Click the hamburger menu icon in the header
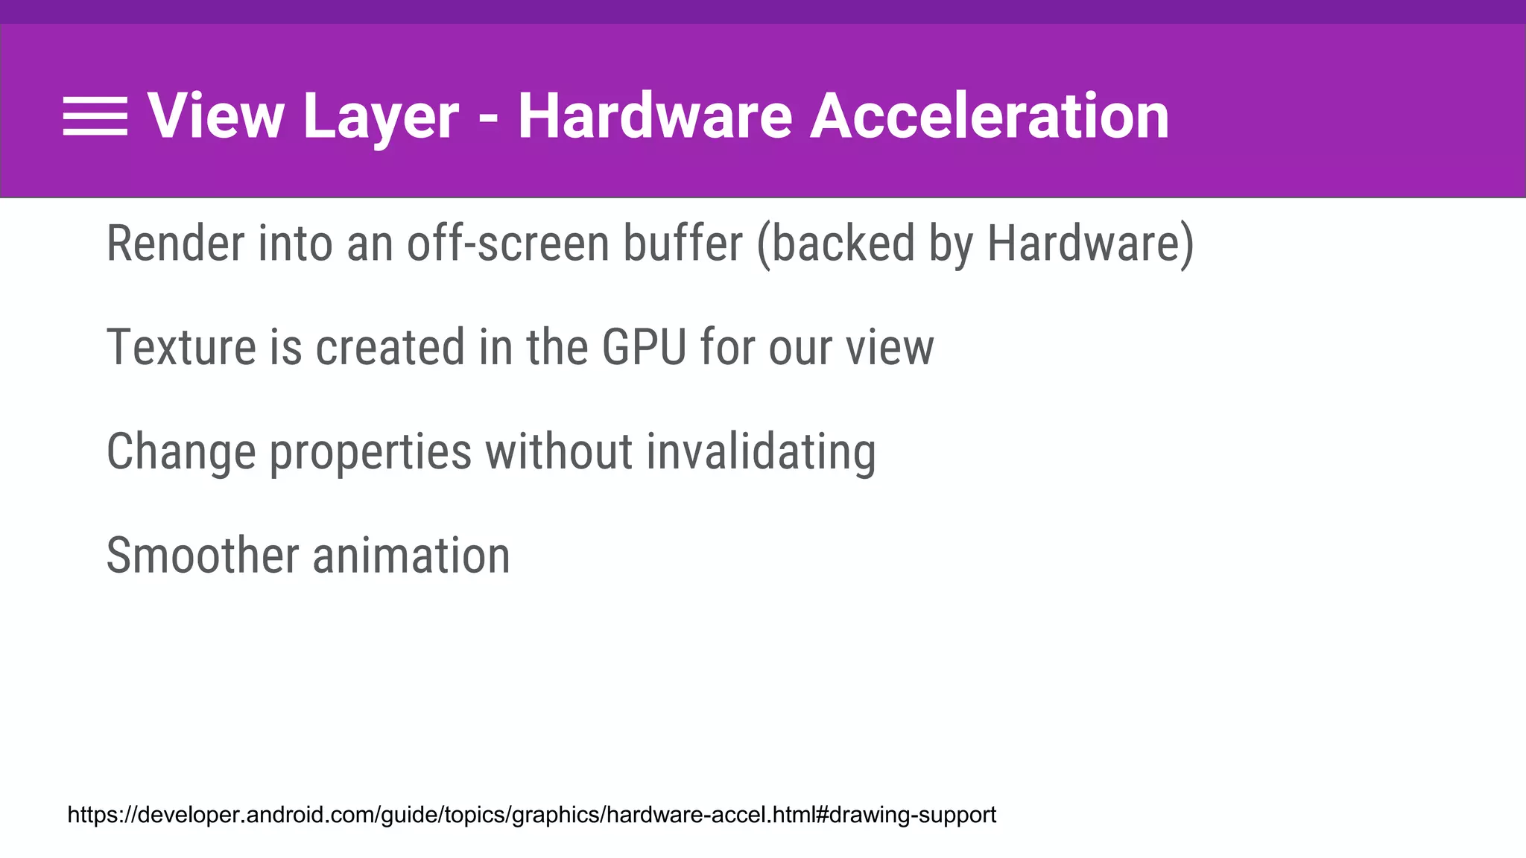pyautogui.click(x=95, y=117)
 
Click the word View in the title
pyautogui.click(x=215, y=116)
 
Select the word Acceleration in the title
pyautogui.click(x=990, y=116)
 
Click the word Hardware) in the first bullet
pyautogui.click(x=1090, y=244)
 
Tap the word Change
pyautogui.click(x=181, y=452)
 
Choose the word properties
pyautogui.click(x=370, y=452)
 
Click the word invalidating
pyautogui.click(x=761, y=452)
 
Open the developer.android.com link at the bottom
pyautogui.click(x=531, y=815)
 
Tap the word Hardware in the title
pyautogui.click(x=655, y=116)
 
